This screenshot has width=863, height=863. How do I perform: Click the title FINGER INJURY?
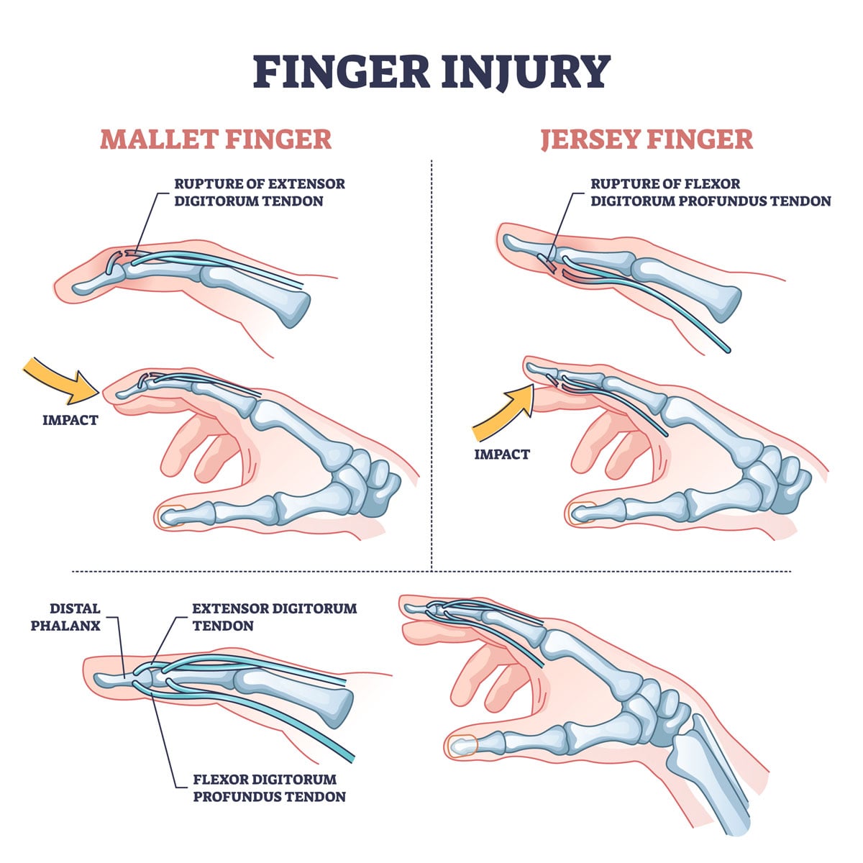coord(431,71)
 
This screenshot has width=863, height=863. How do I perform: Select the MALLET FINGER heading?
coord(216,139)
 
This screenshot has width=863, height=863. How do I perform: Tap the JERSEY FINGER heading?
coord(647,139)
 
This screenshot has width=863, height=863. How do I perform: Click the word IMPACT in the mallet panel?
coord(70,420)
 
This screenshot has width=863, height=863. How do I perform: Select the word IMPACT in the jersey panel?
coord(502,455)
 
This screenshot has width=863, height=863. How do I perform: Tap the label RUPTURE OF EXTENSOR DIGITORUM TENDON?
coord(259,193)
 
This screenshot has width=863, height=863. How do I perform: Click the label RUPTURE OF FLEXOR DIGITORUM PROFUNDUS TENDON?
coord(711,193)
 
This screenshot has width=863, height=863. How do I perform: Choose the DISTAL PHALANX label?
coord(65,617)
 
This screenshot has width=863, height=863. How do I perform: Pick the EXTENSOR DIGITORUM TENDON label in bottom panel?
coord(274,617)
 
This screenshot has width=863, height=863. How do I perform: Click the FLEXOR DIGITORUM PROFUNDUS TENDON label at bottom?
coord(269,788)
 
